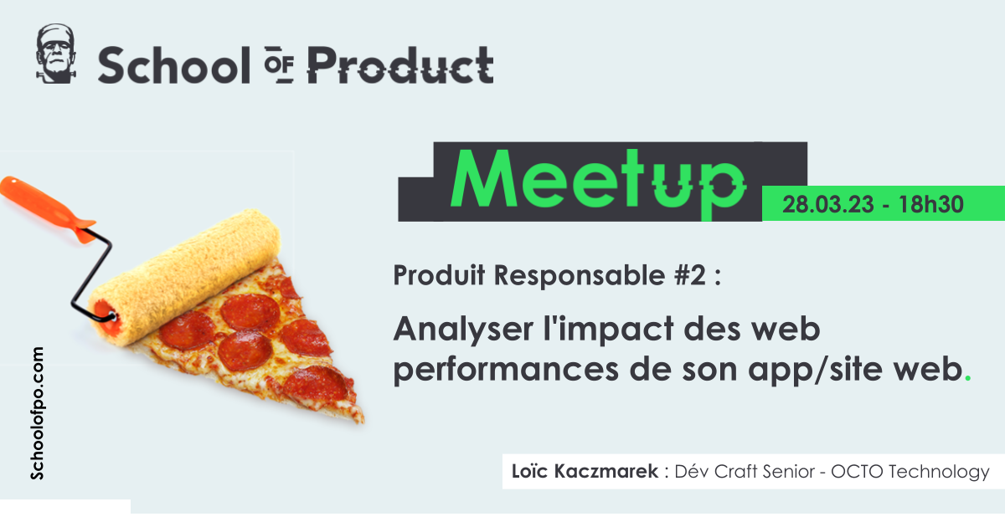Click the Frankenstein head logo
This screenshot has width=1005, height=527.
point(55,54)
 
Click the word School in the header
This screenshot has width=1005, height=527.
point(174,66)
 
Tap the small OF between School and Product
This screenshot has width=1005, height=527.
point(279,64)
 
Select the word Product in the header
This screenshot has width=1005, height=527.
point(400,65)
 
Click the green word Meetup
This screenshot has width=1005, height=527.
point(599,181)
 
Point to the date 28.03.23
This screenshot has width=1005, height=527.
point(828,204)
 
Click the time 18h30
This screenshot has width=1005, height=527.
point(931,204)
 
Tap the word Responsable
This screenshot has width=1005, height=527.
point(580,275)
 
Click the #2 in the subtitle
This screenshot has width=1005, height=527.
point(690,275)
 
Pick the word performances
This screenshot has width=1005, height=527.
point(506,370)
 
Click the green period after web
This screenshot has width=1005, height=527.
point(968,379)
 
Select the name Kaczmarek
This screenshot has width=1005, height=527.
point(606,472)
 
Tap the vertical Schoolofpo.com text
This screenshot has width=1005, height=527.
point(37,413)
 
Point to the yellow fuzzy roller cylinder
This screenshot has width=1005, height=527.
point(184,277)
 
